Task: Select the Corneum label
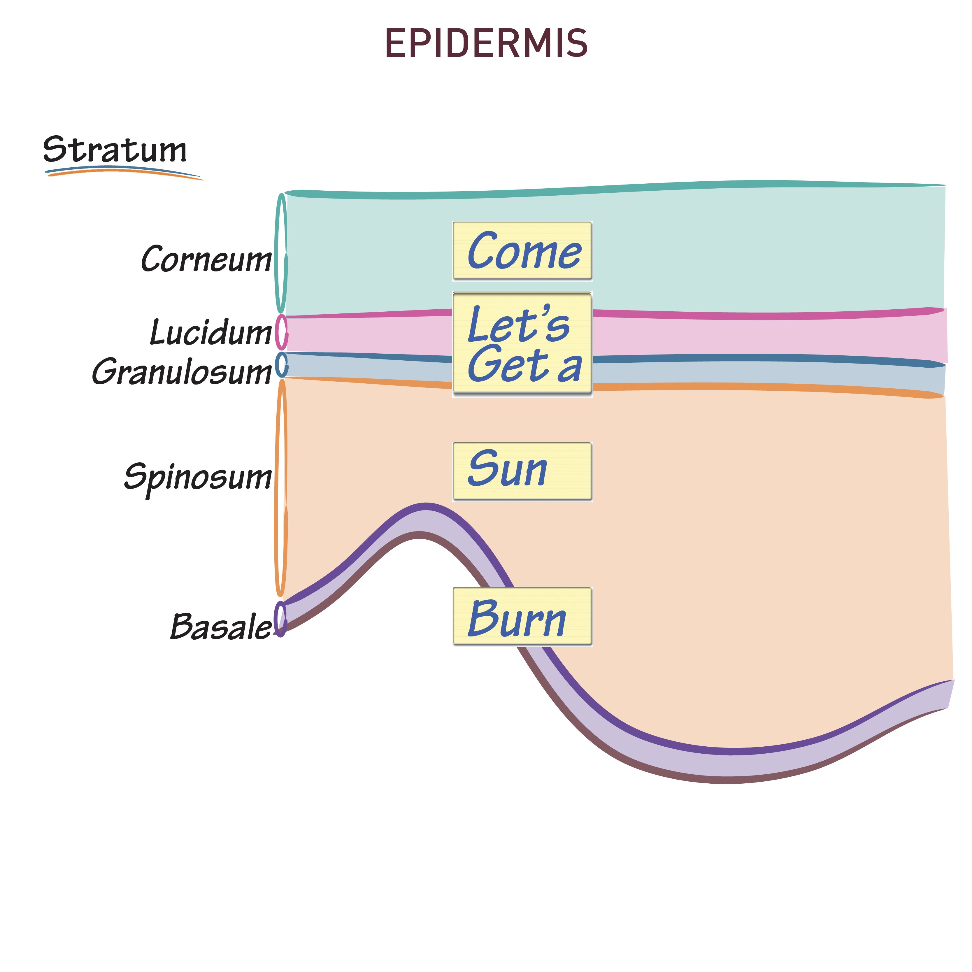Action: tap(206, 259)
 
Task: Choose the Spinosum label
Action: tap(198, 476)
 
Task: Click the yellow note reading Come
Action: tap(522, 250)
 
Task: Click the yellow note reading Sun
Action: tap(522, 471)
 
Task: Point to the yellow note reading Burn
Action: tap(522, 616)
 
